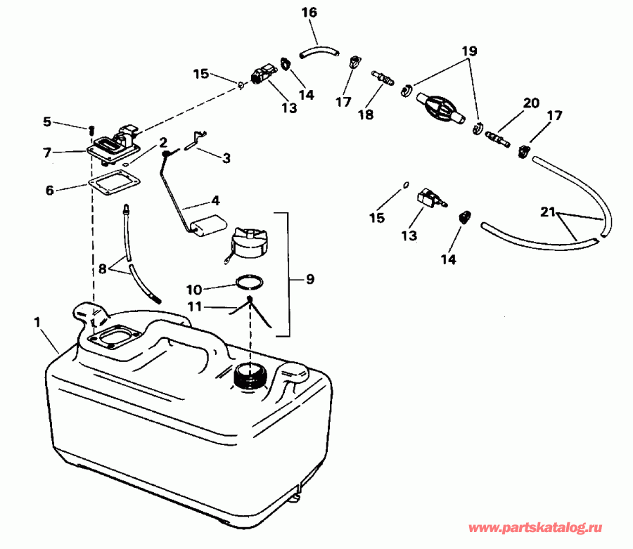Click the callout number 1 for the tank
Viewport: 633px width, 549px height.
pos(37,321)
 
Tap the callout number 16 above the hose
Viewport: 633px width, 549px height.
pos(309,13)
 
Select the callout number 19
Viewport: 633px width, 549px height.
pos(469,51)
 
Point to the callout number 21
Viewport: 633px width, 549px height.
pos(549,212)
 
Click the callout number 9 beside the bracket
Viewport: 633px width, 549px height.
pos(309,278)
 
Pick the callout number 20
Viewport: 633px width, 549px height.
pos(530,103)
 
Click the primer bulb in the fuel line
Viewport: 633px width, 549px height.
pos(438,108)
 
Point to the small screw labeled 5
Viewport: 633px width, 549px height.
pos(91,129)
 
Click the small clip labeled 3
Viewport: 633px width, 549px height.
pos(194,146)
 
